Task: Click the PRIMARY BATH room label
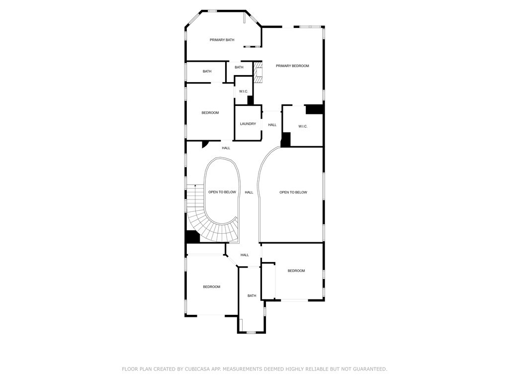[x=222, y=40]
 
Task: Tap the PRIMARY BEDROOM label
[x=292, y=66]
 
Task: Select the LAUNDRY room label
[x=248, y=124]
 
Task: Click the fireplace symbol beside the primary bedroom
[x=258, y=72]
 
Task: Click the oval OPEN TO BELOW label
[x=222, y=192]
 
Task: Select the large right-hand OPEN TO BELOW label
[x=293, y=192]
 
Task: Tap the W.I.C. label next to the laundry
[x=244, y=91]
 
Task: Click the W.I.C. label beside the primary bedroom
[x=303, y=126]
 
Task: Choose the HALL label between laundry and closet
[x=272, y=125]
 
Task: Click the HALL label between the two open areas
[x=249, y=192]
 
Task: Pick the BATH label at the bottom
[x=252, y=295]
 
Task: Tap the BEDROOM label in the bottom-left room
[x=211, y=286]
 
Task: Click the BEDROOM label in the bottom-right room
[x=296, y=271]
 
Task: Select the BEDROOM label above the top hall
[x=210, y=113]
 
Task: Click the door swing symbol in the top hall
[x=205, y=144]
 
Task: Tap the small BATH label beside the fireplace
[x=239, y=67]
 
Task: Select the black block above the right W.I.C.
[x=314, y=109]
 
